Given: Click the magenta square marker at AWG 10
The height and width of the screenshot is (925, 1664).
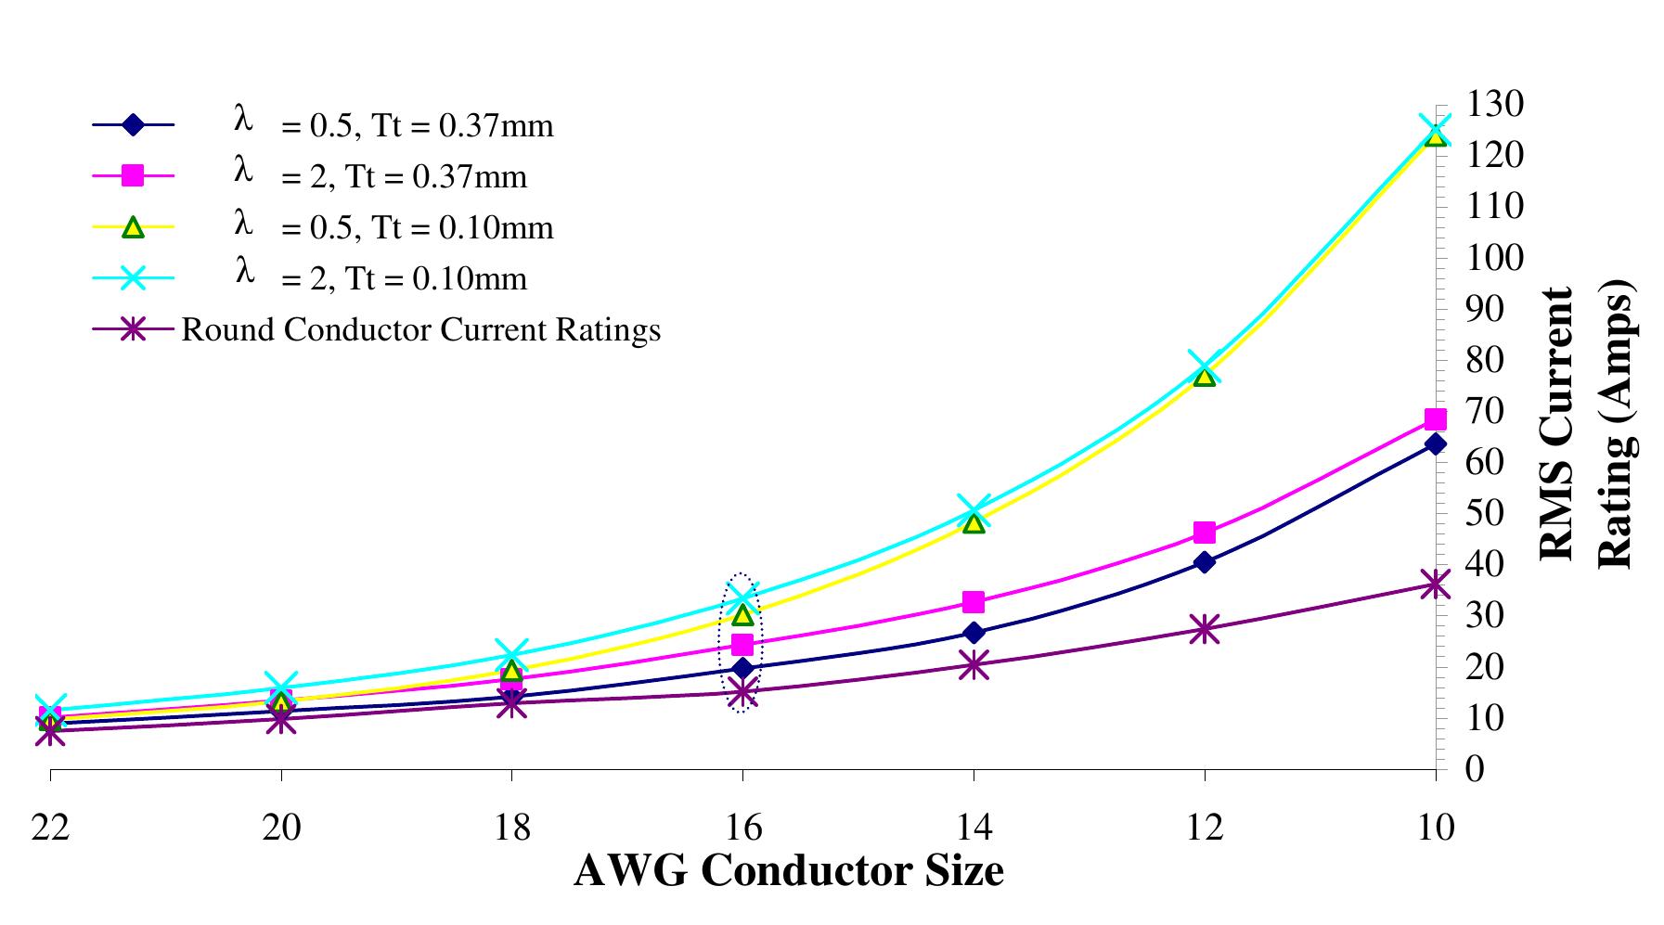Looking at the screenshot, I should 1435,419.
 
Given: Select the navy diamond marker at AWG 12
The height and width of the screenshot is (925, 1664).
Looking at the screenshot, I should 1205,562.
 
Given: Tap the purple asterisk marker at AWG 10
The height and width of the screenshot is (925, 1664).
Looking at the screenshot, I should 1435,585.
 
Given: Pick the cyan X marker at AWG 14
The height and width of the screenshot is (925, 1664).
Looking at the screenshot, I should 974,510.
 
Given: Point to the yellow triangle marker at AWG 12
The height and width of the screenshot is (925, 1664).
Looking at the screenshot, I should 1205,375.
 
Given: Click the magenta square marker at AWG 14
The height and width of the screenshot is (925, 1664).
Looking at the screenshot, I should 974,602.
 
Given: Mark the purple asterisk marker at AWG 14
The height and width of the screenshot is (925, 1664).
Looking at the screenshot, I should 974,664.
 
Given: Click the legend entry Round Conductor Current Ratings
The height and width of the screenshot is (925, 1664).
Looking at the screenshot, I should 420,329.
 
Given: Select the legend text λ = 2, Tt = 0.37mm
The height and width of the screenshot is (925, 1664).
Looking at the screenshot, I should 381,175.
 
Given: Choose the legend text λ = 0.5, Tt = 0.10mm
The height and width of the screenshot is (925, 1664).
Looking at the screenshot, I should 393,226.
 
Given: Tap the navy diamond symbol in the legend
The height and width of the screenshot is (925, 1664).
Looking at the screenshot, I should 134,124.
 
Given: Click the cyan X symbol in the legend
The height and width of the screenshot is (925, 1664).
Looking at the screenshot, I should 134,278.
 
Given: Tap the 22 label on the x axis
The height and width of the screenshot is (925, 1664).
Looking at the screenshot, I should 50,827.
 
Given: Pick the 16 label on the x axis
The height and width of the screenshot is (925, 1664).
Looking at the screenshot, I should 742,827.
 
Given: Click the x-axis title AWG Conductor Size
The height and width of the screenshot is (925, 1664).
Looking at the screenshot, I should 788,871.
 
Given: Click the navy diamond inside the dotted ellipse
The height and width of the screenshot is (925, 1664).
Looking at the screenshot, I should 742,668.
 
